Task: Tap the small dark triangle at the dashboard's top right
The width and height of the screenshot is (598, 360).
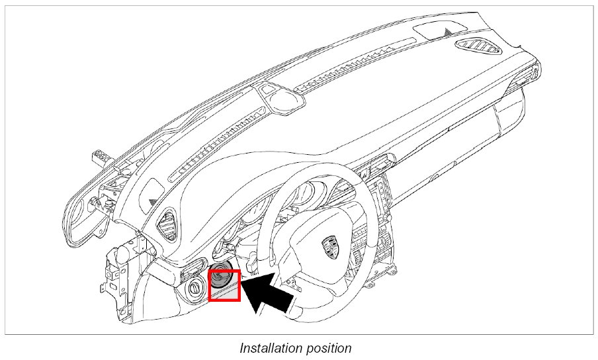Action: click(450, 30)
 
